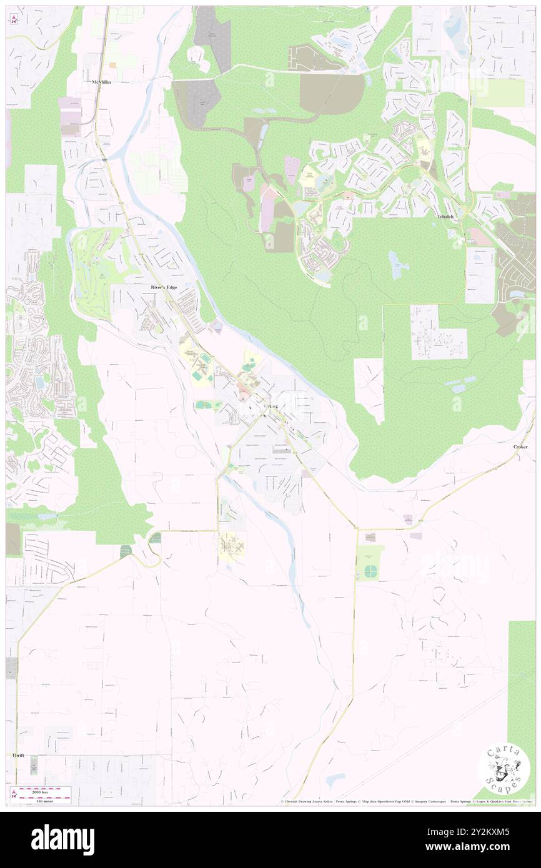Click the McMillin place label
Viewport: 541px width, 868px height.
pos(101,82)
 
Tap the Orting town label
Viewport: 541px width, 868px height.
pos(270,407)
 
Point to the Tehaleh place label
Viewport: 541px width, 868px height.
pos(442,215)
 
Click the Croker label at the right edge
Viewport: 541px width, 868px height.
pos(520,447)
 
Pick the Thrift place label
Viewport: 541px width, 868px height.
pos(18,755)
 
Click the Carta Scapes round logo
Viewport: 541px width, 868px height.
pos(504,768)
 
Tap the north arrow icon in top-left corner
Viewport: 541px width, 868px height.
pos(13,19)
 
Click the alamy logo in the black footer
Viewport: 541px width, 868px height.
pos(62,840)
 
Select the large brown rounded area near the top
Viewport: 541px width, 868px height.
pos(331,94)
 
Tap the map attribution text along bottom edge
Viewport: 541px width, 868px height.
pos(406,801)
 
